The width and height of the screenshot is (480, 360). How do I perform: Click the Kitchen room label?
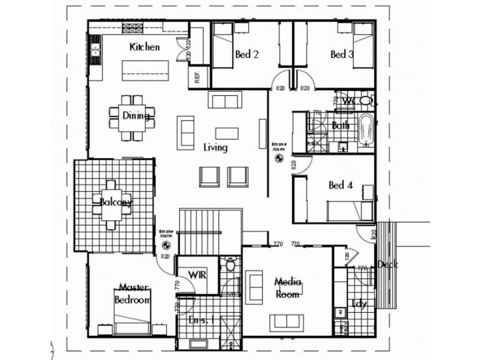point(145,47)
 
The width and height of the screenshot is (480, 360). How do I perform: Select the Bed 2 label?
point(247,55)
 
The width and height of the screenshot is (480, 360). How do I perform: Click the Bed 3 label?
point(342,55)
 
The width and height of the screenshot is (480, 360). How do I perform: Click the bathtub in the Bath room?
point(366,130)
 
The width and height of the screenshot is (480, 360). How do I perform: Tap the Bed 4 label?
point(340,185)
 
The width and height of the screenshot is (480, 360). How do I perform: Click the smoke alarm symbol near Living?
point(279,157)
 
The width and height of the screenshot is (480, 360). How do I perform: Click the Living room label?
point(215,148)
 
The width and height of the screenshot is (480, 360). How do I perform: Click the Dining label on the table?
point(136,116)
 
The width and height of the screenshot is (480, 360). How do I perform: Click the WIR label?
point(197,274)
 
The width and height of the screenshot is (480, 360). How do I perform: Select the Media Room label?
point(287,287)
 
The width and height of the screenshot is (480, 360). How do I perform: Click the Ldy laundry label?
point(359,304)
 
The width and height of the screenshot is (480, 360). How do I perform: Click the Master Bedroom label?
point(133,293)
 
